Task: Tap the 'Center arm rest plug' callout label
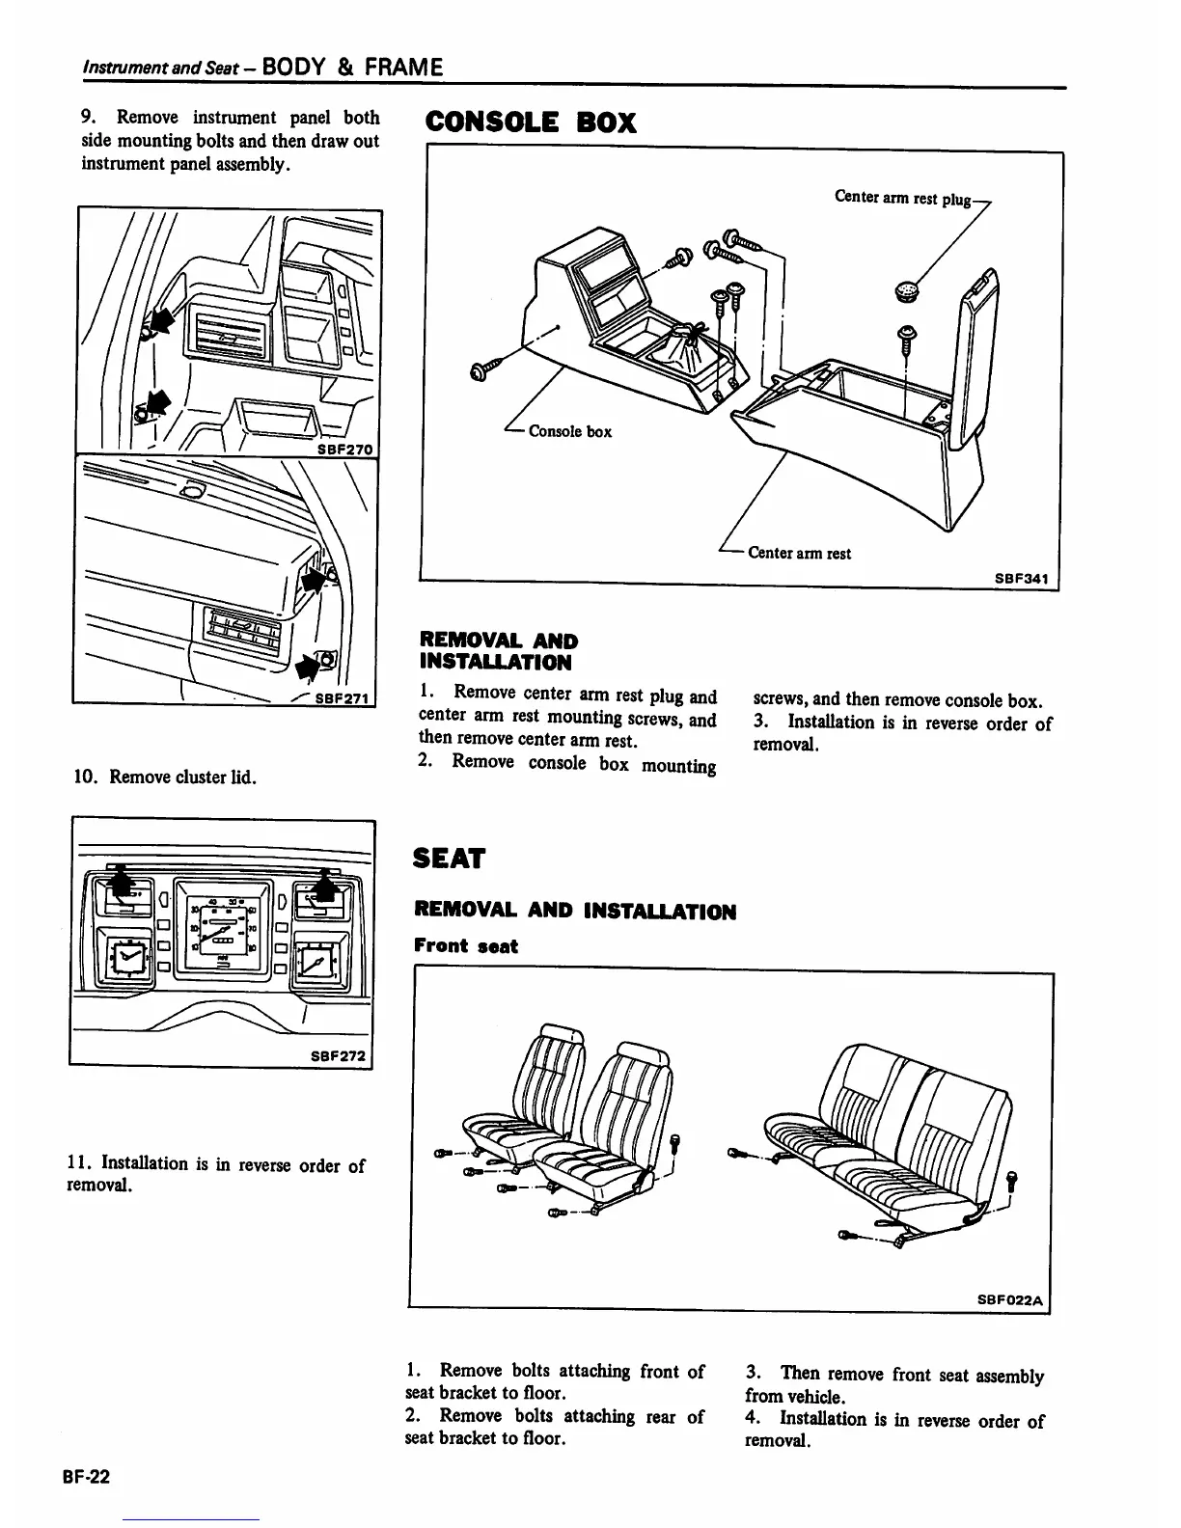tap(902, 199)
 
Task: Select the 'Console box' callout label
tap(569, 431)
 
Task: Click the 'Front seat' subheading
tap(465, 946)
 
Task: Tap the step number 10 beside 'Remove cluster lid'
tap(84, 778)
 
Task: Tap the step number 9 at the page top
tap(88, 117)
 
